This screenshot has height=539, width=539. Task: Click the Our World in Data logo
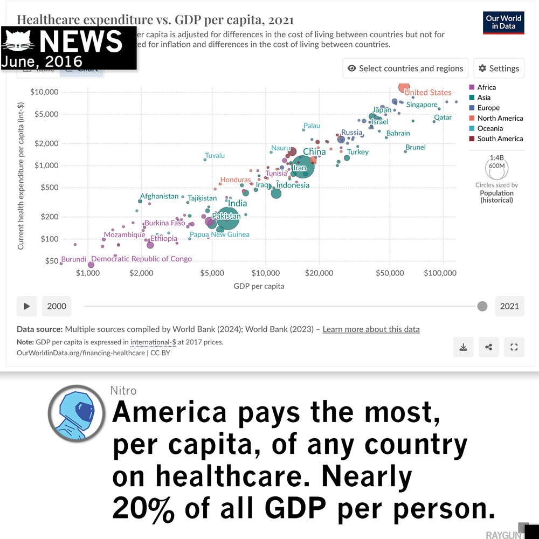[503, 22]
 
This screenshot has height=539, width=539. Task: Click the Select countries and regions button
[405, 68]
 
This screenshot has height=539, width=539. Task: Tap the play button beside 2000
[26, 306]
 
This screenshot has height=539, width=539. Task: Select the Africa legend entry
[486, 87]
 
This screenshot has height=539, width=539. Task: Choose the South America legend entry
[500, 139]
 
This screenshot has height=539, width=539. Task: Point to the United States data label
[427, 93]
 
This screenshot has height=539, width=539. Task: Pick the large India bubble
[226, 216]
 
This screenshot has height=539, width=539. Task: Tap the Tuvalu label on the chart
[215, 156]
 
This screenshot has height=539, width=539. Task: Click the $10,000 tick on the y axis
[44, 92]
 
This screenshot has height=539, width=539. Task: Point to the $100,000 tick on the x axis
[440, 273]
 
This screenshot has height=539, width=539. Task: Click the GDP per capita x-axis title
[259, 286]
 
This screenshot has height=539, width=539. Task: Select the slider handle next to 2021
[482, 306]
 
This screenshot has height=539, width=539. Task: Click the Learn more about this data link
[371, 329]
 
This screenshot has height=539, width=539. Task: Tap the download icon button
[463, 347]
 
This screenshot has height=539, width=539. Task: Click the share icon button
[488, 347]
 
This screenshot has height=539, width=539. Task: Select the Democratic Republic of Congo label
[141, 259]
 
